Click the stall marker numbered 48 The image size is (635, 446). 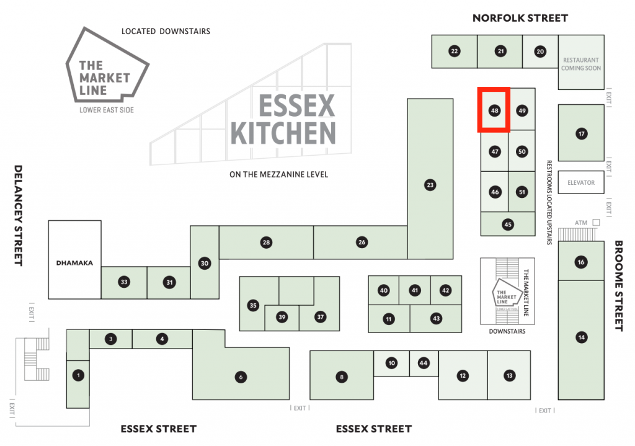coord(494,111)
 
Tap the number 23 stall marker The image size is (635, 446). coord(429,184)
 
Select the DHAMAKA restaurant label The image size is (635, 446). coord(74,263)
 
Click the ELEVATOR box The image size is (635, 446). coord(581,183)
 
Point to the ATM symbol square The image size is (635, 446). coord(596,222)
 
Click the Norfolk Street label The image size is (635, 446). coord(520,18)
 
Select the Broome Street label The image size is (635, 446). coord(618,285)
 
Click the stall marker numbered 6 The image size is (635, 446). coord(240,377)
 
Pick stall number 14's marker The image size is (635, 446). coord(581,337)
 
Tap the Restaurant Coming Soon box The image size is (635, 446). coord(581,64)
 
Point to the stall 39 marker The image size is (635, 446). coord(282,317)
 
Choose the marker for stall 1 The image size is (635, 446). coord(78,375)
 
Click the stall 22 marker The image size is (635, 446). coord(455,51)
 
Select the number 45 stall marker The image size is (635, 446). coord(508,225)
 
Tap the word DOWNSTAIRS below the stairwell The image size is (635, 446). coord(507,332)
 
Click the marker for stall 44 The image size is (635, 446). coord(424,363)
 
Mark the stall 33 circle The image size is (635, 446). coord(124,282)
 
